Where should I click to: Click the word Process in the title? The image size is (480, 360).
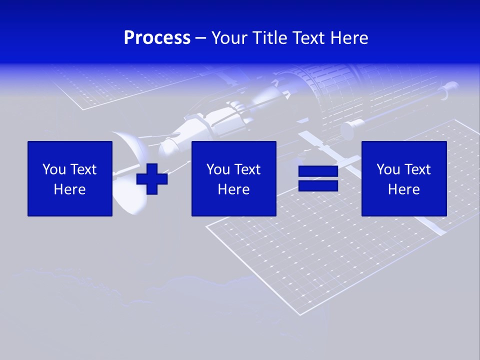157,38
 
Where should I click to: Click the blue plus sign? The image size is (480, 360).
152,178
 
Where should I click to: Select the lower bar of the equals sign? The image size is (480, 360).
318,185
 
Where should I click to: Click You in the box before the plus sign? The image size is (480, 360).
54,169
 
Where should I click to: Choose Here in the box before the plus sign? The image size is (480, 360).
69,189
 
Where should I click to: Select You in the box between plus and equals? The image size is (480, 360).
218,169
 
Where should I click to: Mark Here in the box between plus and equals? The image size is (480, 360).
233,189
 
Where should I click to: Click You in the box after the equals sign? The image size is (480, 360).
388,169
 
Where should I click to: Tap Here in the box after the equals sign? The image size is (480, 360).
403,189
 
